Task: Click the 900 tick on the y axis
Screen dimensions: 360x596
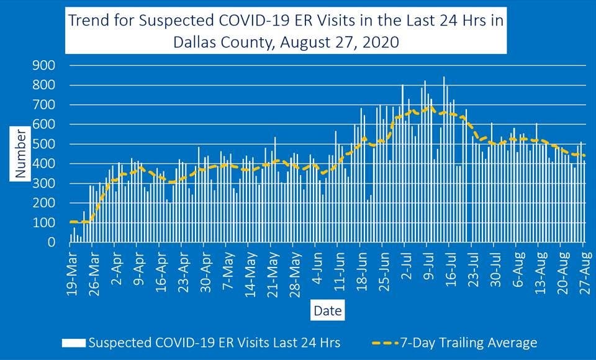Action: (x=45, y=65)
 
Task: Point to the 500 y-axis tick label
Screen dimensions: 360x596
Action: (x=45, y=144)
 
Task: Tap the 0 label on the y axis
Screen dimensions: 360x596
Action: (x=52, y=243)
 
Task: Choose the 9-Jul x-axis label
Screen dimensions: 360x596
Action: (x=428, y=268)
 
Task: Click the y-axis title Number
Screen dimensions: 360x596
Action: (x=21, y=155)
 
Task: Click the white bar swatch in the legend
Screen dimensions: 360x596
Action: (x=73, y=342)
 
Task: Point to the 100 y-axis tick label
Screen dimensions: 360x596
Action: (x=45, y=223)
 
